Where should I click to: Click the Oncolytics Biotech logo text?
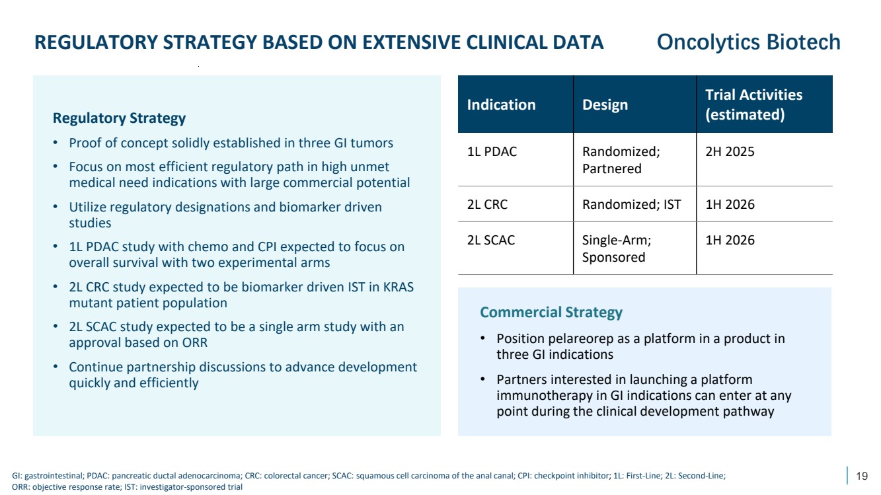tap(748, 42)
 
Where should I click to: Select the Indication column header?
tap(501, 104)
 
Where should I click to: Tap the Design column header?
tap(605, 105)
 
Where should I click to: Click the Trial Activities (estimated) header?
tap(753, 104)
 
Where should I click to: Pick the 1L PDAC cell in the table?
tap(492, 151)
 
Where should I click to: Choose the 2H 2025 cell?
tap(730, 151)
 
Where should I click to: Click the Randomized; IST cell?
tap(631, 204)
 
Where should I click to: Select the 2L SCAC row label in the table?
tap(491, 240)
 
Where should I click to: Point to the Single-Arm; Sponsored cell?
tap(617, 248)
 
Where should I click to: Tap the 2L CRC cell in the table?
tap(487, 204)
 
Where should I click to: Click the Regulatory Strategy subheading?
tap(119, 118)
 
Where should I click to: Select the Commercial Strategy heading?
tap(551, 313)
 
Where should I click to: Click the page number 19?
tap(862, 476)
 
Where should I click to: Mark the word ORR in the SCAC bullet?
tap(194, 343)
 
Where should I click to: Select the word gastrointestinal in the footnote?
tap(54, 476)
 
